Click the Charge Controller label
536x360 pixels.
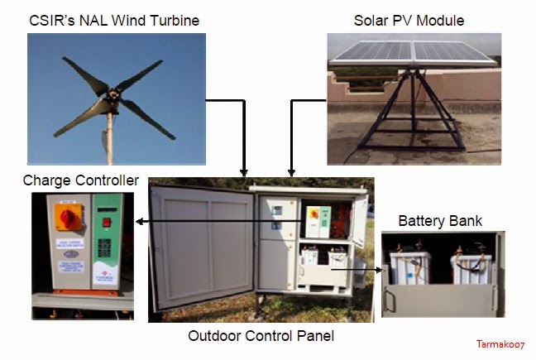pyautogui.click(x=81, y=180)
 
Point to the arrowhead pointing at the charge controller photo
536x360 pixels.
pyautogui.click(x=140, y=221)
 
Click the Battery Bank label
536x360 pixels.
pyautogui.click(x=440, y=221)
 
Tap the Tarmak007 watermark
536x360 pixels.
pyautogui.click(x=500, y=343)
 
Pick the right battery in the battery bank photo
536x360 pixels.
pyautogui.click(x=471, y=274)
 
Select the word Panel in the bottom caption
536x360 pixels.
pyautogui.click(x=314, y=336)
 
